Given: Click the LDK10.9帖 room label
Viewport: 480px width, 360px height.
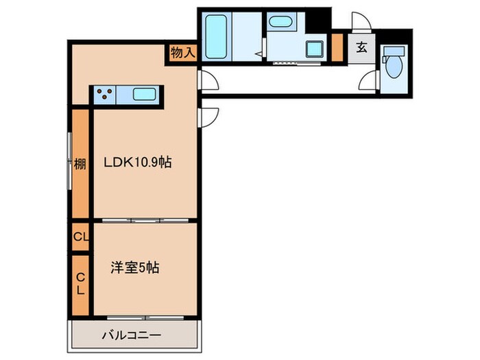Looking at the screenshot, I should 138,163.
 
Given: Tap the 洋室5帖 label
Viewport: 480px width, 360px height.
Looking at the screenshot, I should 135,267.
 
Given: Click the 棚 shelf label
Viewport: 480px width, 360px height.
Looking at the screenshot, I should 80,164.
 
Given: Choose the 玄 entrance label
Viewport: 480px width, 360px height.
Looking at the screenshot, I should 361,48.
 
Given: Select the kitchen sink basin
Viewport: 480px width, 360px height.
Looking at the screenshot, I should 145,95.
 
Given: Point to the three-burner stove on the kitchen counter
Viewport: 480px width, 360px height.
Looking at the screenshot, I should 106,95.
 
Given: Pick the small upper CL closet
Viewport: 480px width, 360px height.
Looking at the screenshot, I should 80,237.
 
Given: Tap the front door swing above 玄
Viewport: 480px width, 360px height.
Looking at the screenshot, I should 361,22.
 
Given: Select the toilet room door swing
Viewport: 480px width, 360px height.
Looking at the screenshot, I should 370,79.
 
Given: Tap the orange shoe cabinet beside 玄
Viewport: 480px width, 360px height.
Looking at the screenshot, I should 337,47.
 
